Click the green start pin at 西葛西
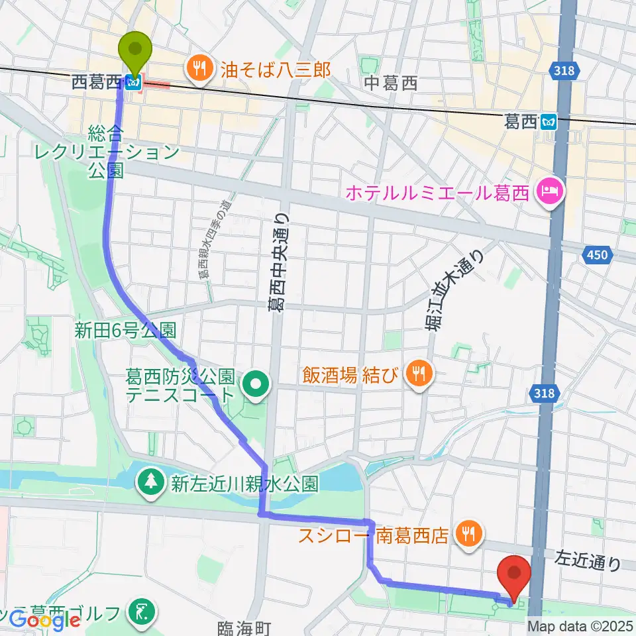(x=134, y=50)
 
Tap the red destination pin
(x=517, y=574)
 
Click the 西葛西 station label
(x=97, y=82)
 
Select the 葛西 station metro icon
(x=549, y=121)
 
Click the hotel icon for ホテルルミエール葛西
(x=550, y=193)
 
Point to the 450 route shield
(x=596, y=255)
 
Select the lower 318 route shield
(x=544, y=394)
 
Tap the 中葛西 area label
(x=392, y=83)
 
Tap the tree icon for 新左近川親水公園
(x=151, y=482)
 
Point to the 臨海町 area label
(x=246, y=626)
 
